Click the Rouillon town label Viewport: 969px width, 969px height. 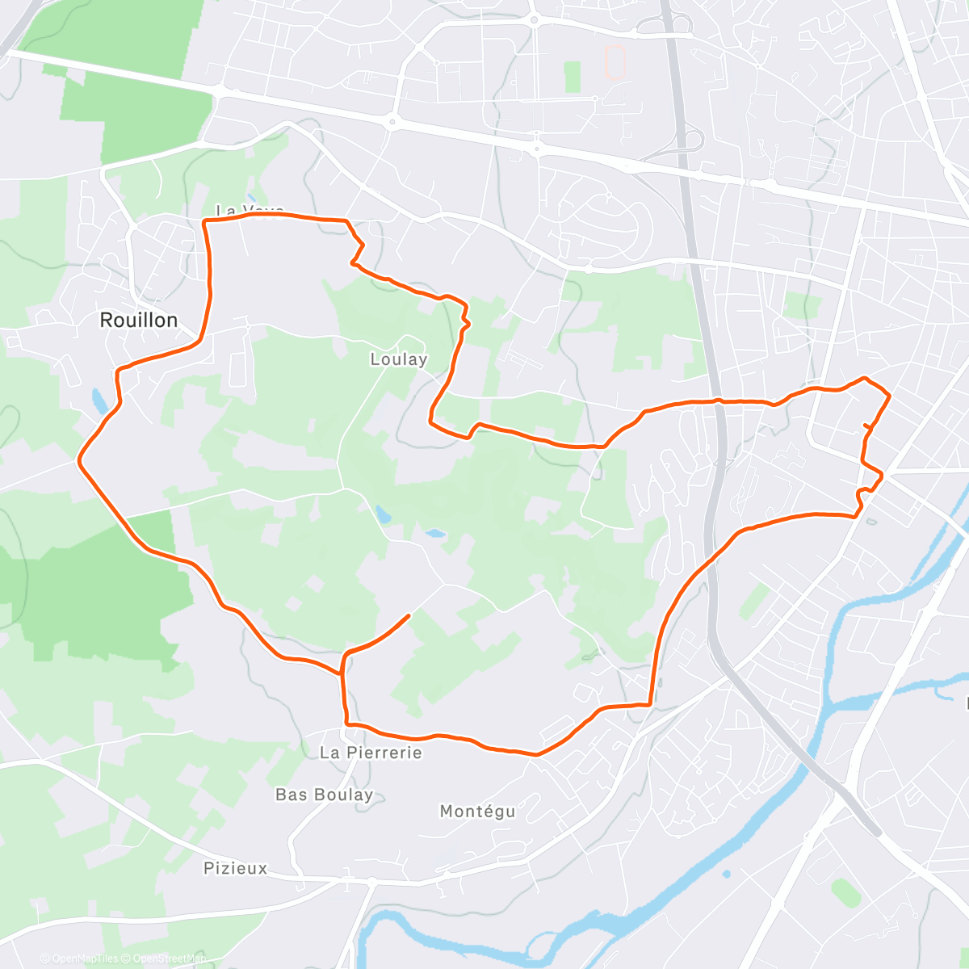pyautogui.click(x=138, y=321)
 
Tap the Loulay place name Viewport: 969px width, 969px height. pyautogui.click(x=398, y=359)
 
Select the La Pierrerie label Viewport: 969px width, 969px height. pyautogui.click(x=371, y=753)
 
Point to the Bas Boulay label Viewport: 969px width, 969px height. pyautogui.click(x=324, y=795)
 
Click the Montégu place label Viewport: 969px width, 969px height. pyautogui.click(x=477, y=811)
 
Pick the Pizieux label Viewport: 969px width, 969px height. pyautogui.click(x=235, y=869)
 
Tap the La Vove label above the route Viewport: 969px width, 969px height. pyautogui.click(x=250, y=211)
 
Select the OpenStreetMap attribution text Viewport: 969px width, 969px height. pyautogui.click(x=169, y=959)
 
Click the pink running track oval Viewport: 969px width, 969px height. pyautogui.click(x=615, y=61)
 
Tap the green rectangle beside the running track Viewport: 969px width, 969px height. pyautogui.click(x=573, y=77)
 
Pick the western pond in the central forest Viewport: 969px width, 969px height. pyautogui.click(x=380, y=514)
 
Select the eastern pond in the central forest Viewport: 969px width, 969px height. pyautogui.click(x=434, y=534)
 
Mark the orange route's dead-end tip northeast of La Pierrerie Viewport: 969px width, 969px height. pyautogui.click(x=409, y=615)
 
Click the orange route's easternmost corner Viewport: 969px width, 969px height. pyautogui.click(x=889, y=396)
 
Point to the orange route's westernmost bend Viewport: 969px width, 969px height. pyautogui.click(x=79, y=459)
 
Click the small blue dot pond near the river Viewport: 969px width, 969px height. pyautogui.click(x=726, y=874)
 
